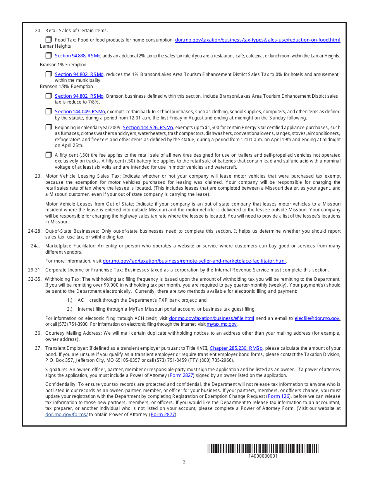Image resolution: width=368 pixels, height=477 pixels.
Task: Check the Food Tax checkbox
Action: pyautogui.click(x=48, y=40)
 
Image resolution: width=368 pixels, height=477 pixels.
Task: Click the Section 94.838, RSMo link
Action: pyautogui.click(x=77, y=56)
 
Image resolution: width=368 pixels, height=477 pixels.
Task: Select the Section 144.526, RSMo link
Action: pyautogui.click(x=148, y=128)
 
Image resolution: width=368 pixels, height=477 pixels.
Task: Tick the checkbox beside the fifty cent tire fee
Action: pyautogui.click(x=48, y=155)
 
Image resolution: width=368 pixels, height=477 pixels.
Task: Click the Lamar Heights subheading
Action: pyautogui.click(x=55, y=46)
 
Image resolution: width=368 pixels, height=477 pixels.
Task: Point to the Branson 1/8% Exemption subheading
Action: pyautogui.click(x=66, y=86)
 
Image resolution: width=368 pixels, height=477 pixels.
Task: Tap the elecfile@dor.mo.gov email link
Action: pyautogui.click(x=317, y=318)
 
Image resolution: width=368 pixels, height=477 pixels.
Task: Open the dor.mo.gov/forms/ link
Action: pyautogui.click(x=67, y=415)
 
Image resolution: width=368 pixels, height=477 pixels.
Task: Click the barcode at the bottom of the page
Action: pyautogui.click(x=263, y=449)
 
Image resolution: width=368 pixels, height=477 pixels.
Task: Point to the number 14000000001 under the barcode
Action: pyautogui.click(x=263, y=456)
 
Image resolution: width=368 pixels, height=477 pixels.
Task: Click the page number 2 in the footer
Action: pyautogui.click(x=184, y=462)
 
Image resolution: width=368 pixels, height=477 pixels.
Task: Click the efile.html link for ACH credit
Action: pyautogui.click(x=212, y=318)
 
